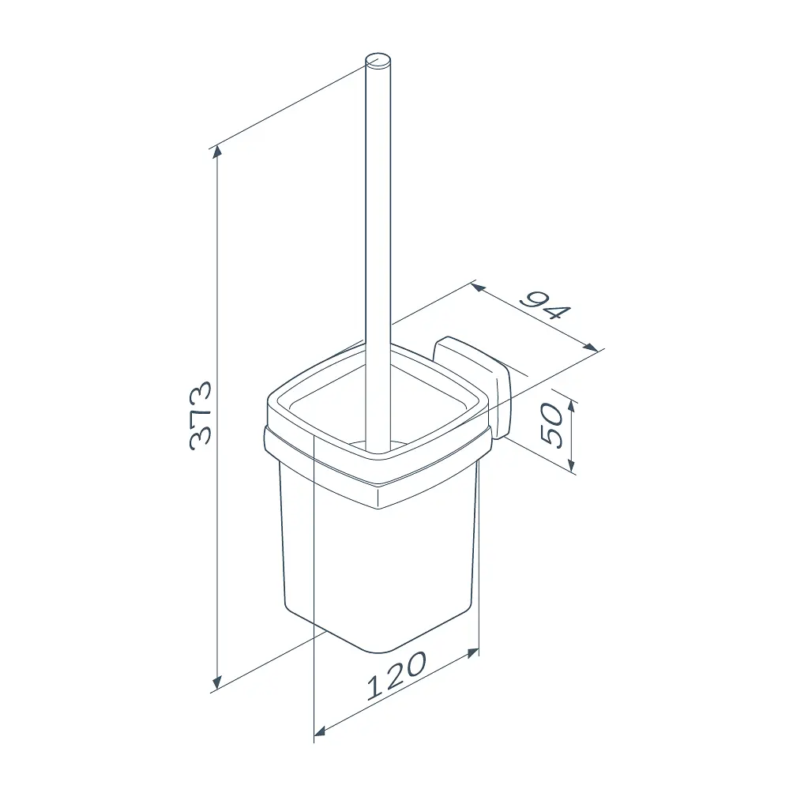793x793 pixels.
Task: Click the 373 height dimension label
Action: (200, 415)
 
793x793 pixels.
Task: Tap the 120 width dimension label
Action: (397, 675)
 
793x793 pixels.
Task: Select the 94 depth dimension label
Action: (546, 306)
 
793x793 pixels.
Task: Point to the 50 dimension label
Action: (551, 425)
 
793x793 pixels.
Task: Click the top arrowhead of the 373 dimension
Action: (217, 151)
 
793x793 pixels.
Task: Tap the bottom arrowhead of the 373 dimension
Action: (217, 682)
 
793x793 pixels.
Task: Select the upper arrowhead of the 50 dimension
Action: (572, 406)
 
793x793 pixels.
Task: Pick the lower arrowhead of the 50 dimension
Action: (572, 464)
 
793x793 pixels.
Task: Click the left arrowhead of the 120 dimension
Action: (320, 731)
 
